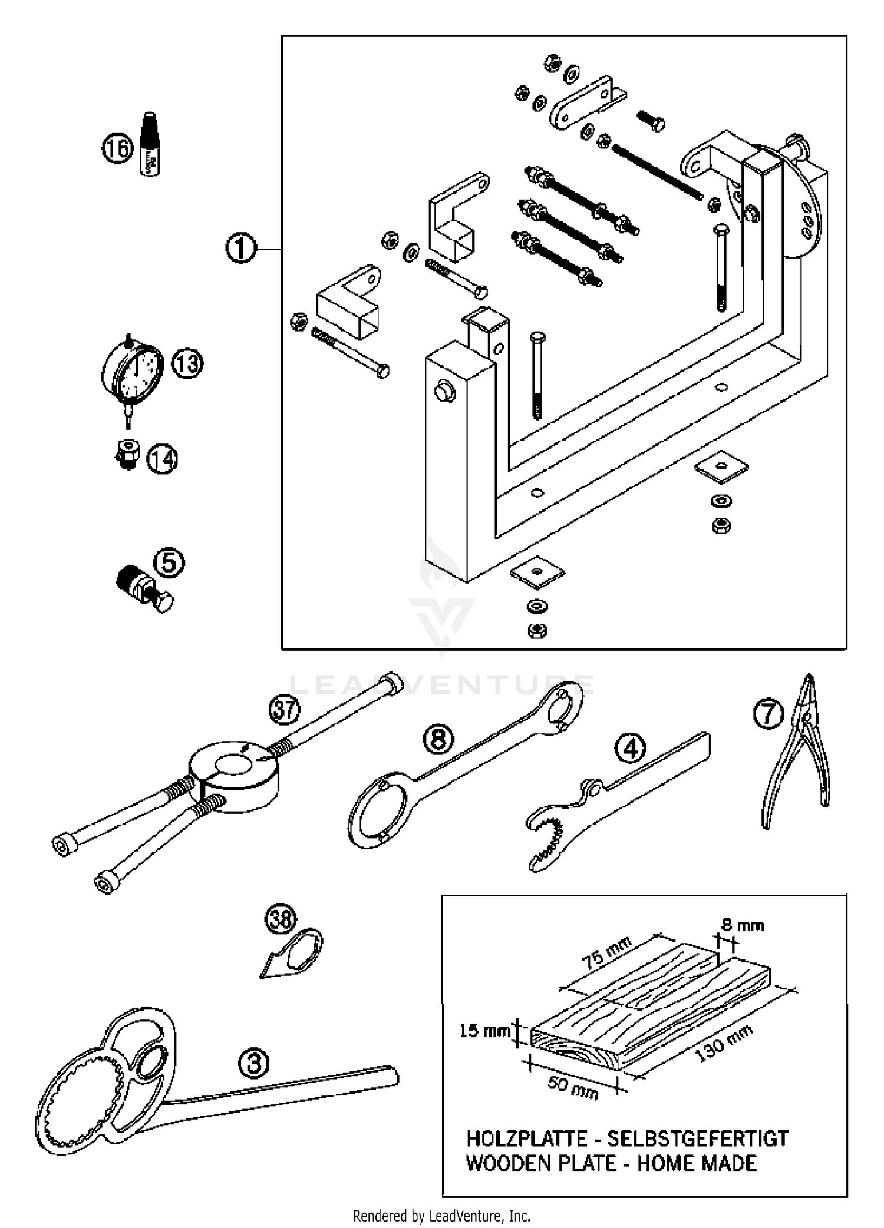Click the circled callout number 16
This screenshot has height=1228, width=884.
coord(118,148)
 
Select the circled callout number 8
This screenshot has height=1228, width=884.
coord(438,739)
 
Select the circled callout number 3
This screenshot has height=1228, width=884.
coord(254,1063)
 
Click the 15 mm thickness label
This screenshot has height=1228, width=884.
coord(484,1031)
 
